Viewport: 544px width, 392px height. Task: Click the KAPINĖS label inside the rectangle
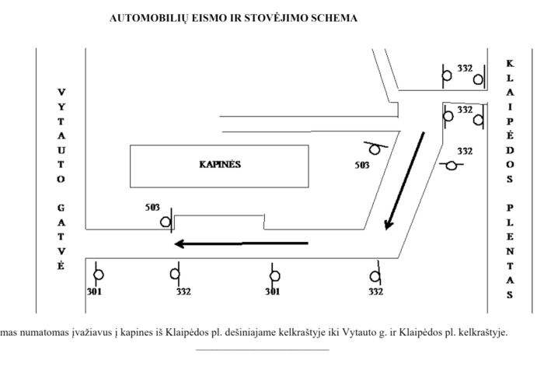[x=220, y=165]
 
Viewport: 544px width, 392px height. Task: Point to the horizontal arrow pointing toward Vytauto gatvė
[x=242, y=243]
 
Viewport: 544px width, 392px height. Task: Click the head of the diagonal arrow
[x=389, y=225]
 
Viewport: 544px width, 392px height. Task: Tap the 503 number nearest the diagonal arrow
[x=362, y=165]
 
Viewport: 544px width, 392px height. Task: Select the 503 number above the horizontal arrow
[x=152, y=208]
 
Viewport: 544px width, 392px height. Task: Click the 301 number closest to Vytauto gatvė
[x=94, y=292]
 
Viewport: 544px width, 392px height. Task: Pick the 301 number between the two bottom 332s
[x=273, y=292]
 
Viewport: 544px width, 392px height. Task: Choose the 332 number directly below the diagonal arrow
[x=375, y=292]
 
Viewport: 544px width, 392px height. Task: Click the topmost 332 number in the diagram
[x=465, y=68]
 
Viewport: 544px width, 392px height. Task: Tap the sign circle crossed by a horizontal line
[x=451, y=166]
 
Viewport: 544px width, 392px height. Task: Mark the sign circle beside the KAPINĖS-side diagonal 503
[x=375, y=149]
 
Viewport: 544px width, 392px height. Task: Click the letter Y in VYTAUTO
[x=61, y=107]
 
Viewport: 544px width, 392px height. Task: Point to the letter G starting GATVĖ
[x=61, y=208]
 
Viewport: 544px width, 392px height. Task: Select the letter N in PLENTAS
[x=510, y=251]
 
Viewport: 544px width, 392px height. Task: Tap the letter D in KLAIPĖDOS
[x=510, y=150]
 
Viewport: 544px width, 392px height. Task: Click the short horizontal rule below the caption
[x=263, y=350]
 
